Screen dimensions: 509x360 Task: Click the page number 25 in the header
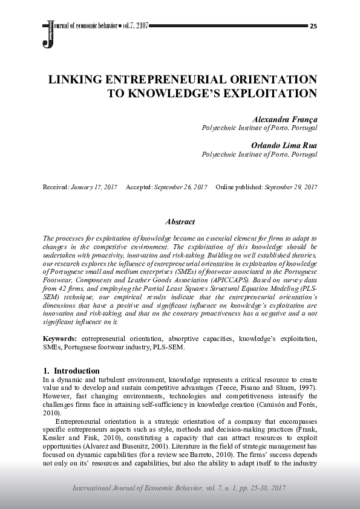pos(313,27)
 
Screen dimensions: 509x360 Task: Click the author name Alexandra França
pos(284,120)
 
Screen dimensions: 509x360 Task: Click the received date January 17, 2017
pos(93,187)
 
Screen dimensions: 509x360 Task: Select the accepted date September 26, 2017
pos(180,187)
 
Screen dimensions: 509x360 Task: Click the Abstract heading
pos(180,222)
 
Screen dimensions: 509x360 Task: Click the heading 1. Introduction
pos(71,370)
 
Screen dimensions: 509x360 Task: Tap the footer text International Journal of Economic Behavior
pos(145,488)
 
